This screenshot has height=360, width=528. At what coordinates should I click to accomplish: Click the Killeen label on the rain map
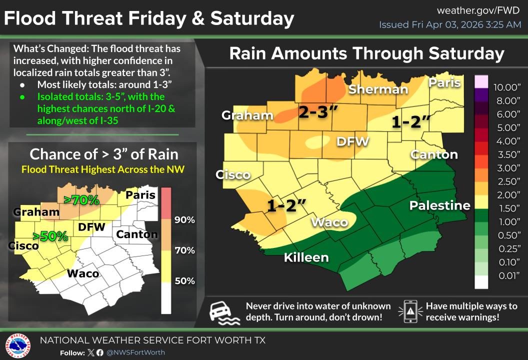pos(306,257)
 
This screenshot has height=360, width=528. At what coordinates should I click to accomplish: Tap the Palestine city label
pos(439,205)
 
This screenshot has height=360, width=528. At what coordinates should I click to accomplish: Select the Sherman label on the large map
pos(378,89)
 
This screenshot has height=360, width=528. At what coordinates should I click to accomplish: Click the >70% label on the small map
pos(82,200)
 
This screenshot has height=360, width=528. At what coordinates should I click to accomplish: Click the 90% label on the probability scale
pos(184,220)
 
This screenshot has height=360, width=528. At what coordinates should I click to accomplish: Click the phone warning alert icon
pos(410,311)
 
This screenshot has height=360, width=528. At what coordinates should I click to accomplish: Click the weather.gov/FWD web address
pos(479,10)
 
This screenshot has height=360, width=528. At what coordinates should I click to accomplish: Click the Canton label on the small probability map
pos(136,234)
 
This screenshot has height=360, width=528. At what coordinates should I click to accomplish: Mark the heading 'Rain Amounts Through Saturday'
pos(366,53)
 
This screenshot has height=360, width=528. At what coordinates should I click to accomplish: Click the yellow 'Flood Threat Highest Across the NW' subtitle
pos(103,169)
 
